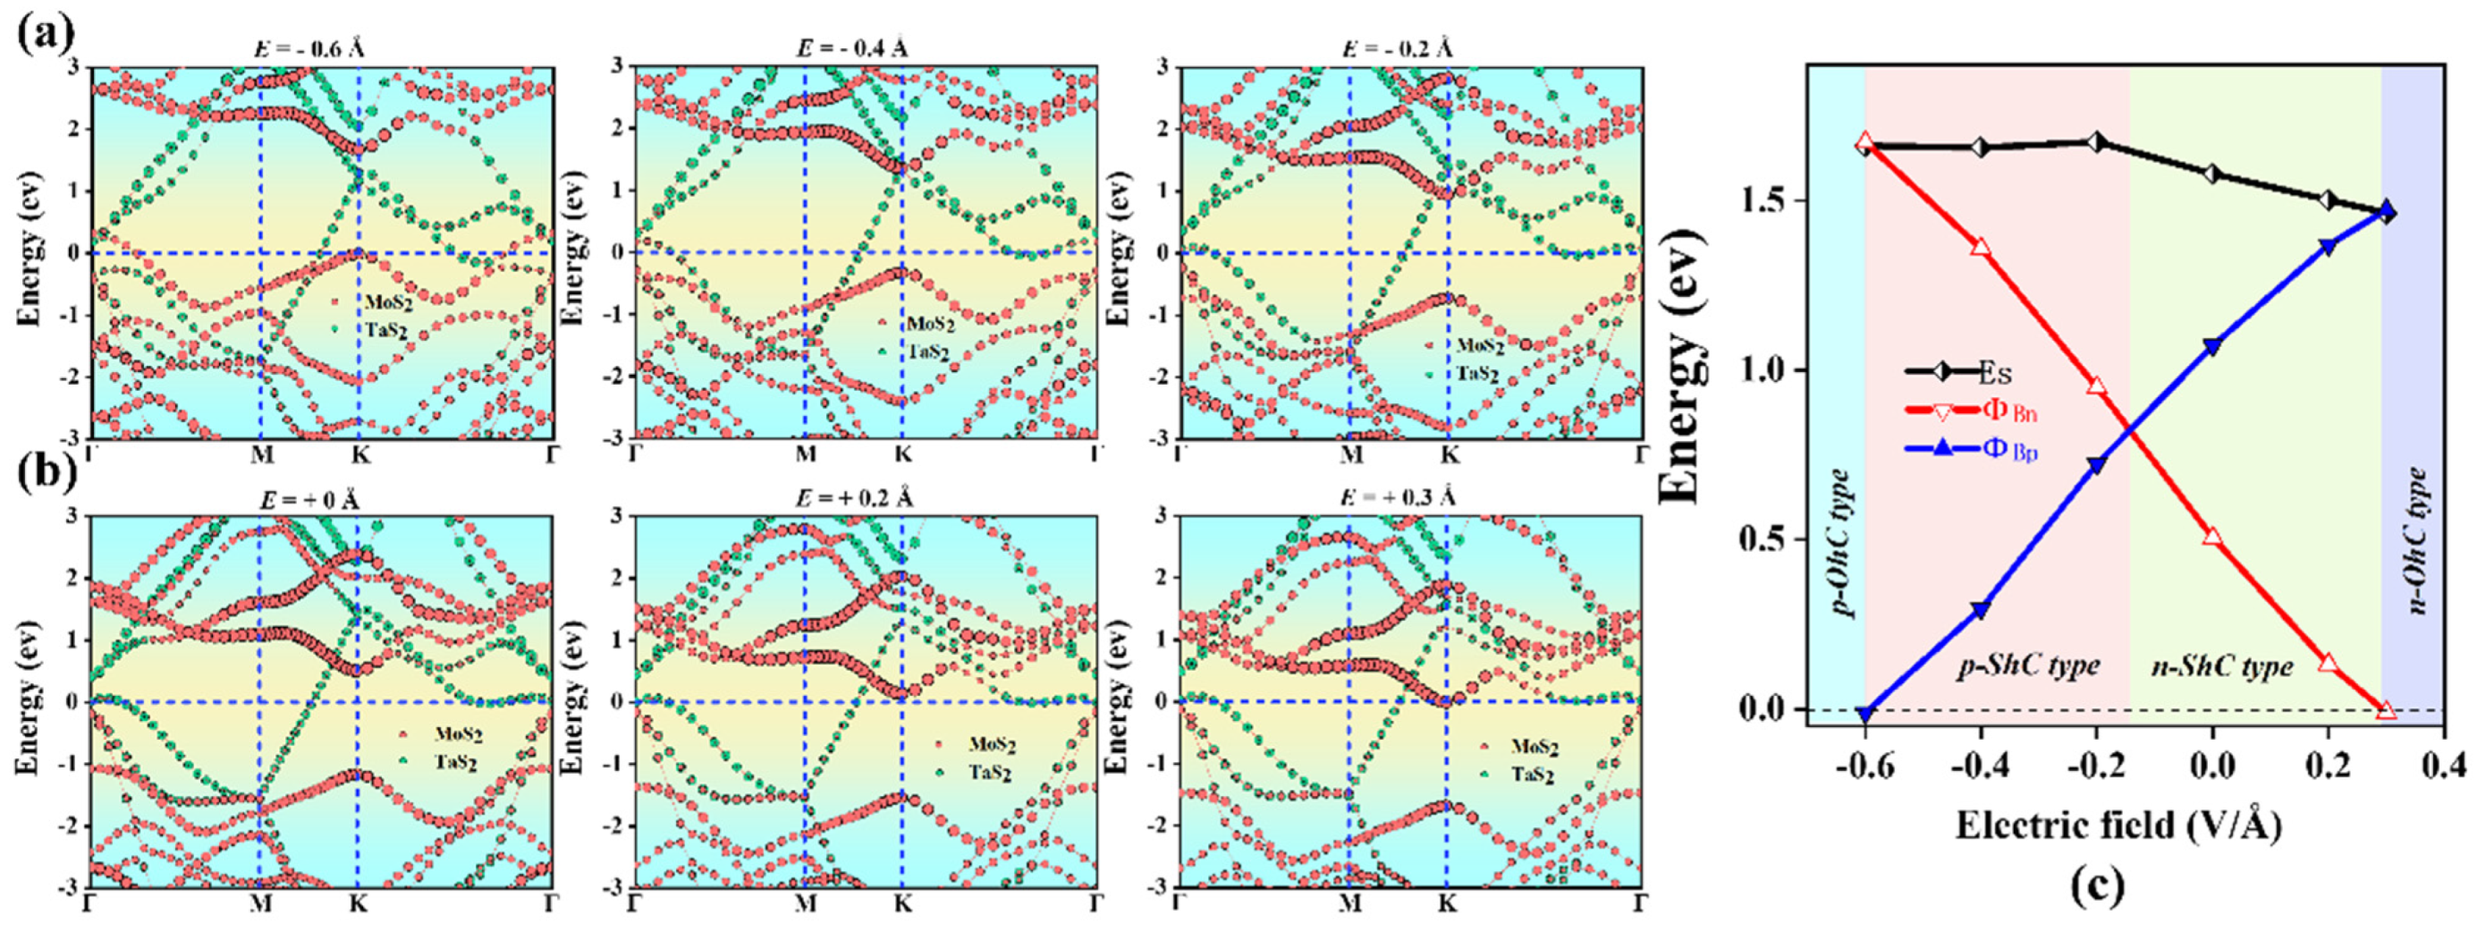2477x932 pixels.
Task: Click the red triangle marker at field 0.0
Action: (2212, 537)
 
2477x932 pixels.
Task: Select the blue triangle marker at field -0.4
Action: (1980, 610)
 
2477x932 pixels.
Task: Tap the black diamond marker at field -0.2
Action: (2097, 142)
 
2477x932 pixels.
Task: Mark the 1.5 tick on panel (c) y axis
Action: (1771, 201)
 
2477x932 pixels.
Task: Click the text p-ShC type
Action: (2029, 665)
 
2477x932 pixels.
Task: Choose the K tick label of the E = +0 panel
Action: (358, 904)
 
